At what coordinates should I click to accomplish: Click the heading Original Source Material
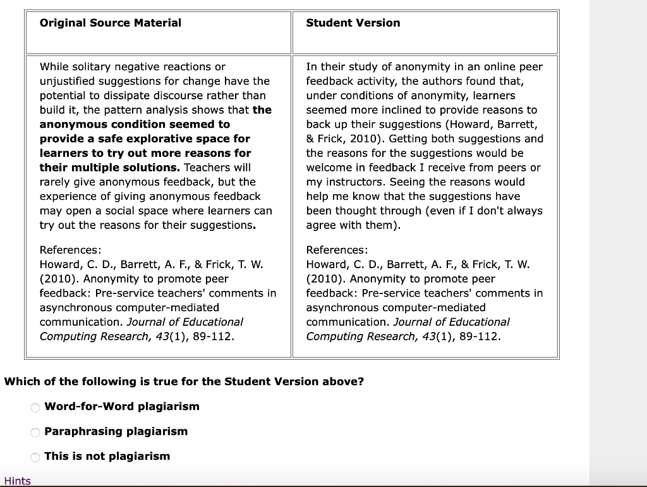click(x=110, y=23)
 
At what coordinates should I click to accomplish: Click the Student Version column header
click(x=353, y=23)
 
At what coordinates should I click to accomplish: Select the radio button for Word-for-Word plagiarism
click(x=35, y=407)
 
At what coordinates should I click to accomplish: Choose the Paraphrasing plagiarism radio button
click(x=35, y=433)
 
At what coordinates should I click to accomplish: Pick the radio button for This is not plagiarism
click(x=35, y=457)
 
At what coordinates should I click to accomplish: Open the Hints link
click(x=17, y=481)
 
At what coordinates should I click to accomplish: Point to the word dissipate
click(x=124, y=96)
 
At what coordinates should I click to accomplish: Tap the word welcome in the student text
click(x=325, y=168)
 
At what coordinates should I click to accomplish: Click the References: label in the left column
click(x=70, y=250)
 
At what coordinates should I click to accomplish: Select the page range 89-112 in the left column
click(x=214, y=336)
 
